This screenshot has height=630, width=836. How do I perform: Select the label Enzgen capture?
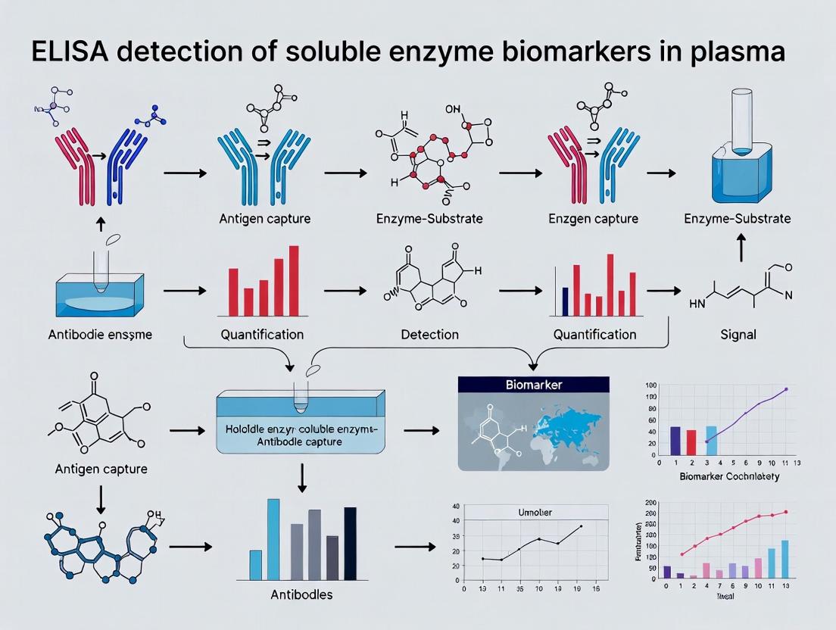(593, 219)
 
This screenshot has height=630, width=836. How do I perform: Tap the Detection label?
(429, 334)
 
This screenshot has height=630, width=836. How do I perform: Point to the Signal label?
(738, 334)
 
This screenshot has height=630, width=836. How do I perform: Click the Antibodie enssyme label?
(101, 334)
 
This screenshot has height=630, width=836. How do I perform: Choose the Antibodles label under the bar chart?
(301, 594)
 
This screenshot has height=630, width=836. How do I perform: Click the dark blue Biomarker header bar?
(535, 385)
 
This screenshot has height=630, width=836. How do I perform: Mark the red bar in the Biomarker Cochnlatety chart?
(691, 441)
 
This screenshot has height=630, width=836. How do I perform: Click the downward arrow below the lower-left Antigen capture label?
(101, 495)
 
